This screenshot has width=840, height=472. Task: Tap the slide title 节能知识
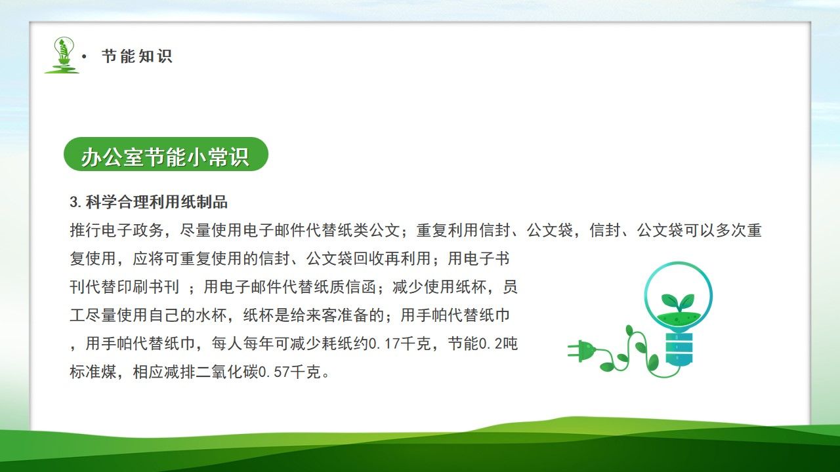coord(137,56)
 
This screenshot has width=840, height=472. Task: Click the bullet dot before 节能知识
coord(84,57)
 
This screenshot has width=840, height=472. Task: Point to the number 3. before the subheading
coord(75,201)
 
